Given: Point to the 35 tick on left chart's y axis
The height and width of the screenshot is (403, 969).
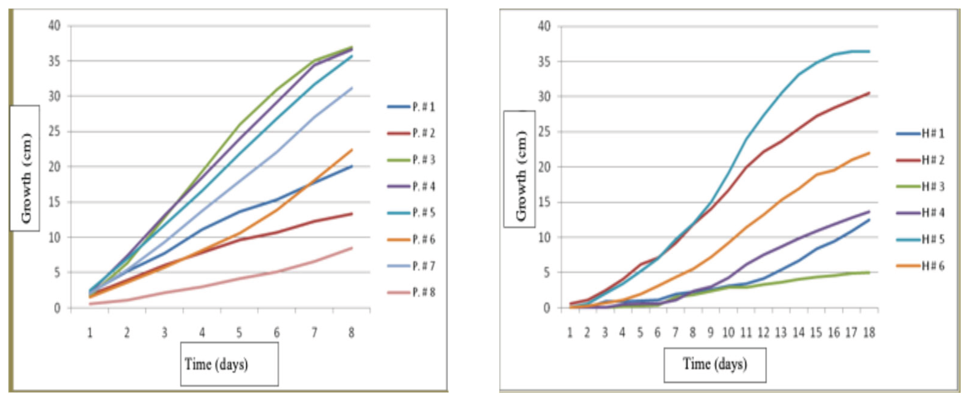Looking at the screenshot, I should tap(54, 61).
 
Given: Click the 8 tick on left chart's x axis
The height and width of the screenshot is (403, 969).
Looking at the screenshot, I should tap(351, 333).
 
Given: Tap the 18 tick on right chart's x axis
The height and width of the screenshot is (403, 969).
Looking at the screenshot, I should tap(869, 333).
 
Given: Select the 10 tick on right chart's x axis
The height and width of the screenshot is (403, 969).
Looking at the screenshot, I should tap(728, 333).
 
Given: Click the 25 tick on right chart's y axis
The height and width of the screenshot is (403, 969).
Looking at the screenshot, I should tap(544, 132).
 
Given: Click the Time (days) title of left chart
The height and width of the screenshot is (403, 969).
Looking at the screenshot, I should tap(216, 364).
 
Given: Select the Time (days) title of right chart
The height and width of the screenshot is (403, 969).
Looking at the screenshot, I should tap(715, 364).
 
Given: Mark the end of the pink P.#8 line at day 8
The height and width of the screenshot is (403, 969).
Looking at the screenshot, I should tap(352, 248).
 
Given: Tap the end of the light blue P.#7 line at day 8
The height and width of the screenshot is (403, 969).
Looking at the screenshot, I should tap(352, 88).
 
